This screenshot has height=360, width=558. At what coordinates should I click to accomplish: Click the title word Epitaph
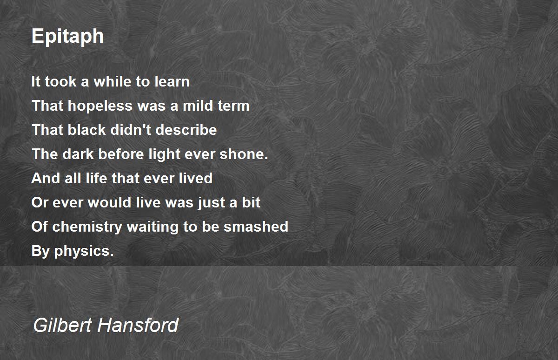point(67,37)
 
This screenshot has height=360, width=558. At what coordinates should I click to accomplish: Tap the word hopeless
point(100,106)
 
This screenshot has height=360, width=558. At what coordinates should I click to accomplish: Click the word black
point(86,130)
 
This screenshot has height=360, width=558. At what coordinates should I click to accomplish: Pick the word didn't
point(131,130)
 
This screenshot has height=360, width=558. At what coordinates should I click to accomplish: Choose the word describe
point(186,130)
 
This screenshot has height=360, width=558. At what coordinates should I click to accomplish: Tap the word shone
point(244,154)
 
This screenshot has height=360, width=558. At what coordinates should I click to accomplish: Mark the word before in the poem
point(121,154)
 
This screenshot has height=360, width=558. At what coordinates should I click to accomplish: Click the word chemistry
point(87,227)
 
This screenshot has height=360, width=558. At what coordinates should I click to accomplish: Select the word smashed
point(256,227)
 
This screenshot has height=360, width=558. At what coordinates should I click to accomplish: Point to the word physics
point(84,251)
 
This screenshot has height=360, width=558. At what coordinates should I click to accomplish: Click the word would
point(110,202)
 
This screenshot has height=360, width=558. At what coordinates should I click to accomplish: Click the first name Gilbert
point(62,325)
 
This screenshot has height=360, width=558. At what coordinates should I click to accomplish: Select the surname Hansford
point(138,325)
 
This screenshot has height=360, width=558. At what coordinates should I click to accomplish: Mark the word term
point(233,106)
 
